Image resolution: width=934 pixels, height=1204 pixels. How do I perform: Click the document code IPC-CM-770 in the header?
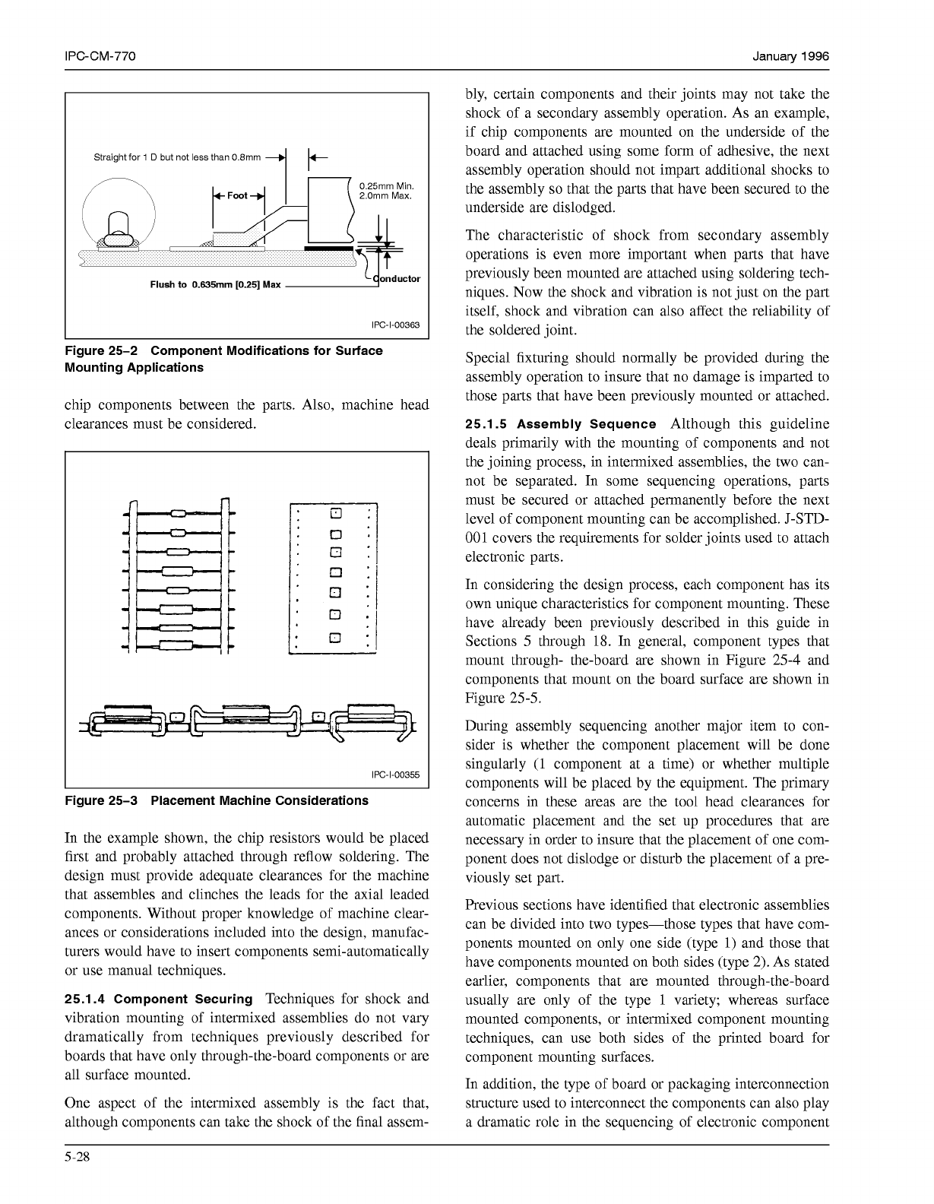point(100,57)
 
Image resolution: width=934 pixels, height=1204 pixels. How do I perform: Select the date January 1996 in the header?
point(790,57)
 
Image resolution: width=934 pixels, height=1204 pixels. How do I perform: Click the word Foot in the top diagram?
point(238,195)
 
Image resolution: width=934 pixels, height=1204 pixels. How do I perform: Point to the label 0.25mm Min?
point(385,186)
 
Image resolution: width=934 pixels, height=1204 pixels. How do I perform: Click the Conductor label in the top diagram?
point(396,278)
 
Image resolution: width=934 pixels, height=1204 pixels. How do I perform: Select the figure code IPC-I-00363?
point(395,325)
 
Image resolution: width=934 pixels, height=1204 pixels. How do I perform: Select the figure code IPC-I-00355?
point(395,775)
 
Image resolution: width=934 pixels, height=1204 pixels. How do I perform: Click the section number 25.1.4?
point(85,999)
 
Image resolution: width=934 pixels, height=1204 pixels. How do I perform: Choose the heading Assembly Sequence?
point(606,424)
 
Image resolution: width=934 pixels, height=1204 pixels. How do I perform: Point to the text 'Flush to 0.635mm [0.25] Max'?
point(215,285)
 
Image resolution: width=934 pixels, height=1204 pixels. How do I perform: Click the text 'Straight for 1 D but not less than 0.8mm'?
point(176,157)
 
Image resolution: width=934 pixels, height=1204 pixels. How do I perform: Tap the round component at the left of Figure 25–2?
point(119,215)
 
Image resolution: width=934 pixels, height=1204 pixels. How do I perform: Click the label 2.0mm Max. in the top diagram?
point(385,196)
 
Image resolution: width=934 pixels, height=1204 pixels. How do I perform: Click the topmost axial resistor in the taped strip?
point(179,512)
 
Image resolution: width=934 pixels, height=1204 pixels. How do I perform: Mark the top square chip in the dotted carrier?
point(335,512)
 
